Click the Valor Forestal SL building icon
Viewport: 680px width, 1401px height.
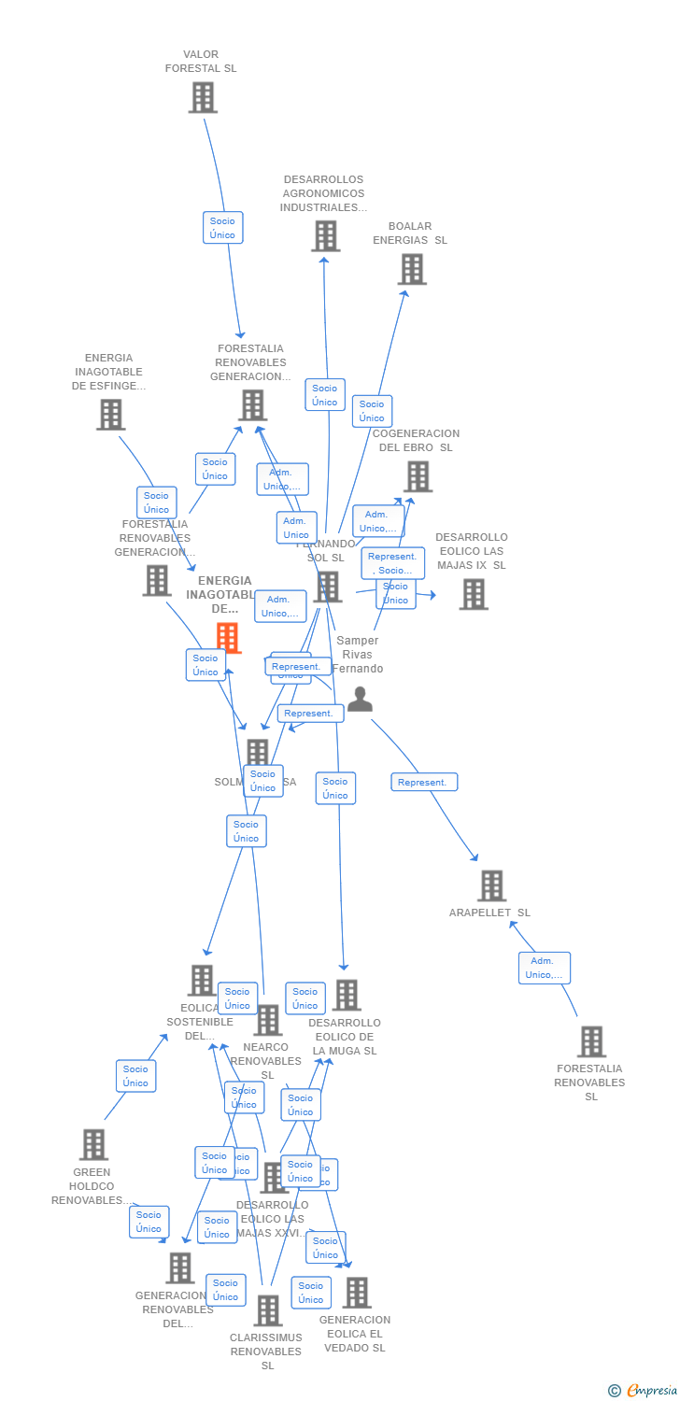click(203, 97)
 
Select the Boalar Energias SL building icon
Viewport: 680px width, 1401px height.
click(412, 269)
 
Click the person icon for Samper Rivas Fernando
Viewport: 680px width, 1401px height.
click(360, 699)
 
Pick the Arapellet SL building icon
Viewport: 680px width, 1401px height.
click(491, 885)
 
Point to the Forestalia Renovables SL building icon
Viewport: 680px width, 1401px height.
click(591, 1041)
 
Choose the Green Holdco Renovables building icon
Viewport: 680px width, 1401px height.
click(93, 1144)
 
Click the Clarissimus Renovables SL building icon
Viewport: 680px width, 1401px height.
click(268, 1310)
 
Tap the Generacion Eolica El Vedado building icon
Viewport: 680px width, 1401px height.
click(357, 1293)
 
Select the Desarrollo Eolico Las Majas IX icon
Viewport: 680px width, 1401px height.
click(474, 594)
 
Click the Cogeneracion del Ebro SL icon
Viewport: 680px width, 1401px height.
click(418, 476)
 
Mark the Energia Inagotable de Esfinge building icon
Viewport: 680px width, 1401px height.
click(110, 415)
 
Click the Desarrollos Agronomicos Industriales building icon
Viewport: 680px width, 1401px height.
click(325, 236)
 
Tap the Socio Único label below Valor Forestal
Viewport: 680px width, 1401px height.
click(223, 228)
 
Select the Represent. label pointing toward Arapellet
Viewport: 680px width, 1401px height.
click(424, 783)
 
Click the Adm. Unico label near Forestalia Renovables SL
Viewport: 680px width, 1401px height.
click(545, 969)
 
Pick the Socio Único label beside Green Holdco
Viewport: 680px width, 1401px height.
click(136, 1076)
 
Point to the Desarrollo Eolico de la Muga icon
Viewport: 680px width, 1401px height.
click(347, 996)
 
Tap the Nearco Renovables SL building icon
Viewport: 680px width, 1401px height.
click(268, 1021)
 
